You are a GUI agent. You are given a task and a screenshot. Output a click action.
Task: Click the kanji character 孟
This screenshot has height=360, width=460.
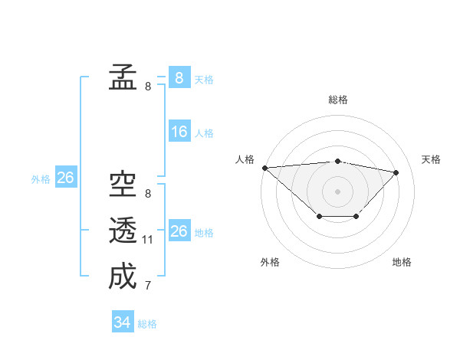point(123,77)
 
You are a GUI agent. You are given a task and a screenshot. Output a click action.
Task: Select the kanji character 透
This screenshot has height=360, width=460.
point(123,231)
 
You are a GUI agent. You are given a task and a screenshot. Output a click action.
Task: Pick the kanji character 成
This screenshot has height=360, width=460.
point(123,277)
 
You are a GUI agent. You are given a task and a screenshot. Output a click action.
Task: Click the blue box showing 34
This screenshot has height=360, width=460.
point(123,322)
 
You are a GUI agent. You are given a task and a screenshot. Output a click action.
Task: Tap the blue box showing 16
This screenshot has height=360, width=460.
point(179,132)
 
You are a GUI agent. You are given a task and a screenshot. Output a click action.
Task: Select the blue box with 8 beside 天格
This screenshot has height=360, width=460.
point(179,77)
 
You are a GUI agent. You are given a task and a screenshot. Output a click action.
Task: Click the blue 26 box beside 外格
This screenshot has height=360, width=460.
point(65,178)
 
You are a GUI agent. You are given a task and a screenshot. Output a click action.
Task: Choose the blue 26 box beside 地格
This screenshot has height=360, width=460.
point(179,231)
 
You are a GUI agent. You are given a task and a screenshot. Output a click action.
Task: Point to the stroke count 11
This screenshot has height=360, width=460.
point(148,240)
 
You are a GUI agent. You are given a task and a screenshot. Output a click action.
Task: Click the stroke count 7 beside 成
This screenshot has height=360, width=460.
point(148,286)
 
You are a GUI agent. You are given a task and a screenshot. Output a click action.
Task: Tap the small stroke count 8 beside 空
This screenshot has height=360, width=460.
point(148,194)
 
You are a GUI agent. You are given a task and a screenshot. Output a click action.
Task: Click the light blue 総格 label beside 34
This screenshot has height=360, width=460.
point(147,324)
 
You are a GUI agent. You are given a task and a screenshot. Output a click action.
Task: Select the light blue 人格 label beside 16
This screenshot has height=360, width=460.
point(204,133)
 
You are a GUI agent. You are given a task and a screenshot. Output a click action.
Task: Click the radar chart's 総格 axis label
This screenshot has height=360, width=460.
point(338,100)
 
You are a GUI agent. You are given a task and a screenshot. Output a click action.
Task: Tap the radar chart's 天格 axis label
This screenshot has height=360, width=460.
point(432,159)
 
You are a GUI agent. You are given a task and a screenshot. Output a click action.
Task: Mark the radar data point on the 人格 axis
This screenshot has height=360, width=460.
point(264,168)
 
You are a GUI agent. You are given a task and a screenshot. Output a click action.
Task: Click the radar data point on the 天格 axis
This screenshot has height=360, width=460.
point(396,172)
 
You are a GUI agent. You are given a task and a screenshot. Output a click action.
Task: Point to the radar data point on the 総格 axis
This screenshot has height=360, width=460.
point(338,161)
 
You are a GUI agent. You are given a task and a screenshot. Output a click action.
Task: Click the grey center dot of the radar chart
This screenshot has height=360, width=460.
point(338,191)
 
